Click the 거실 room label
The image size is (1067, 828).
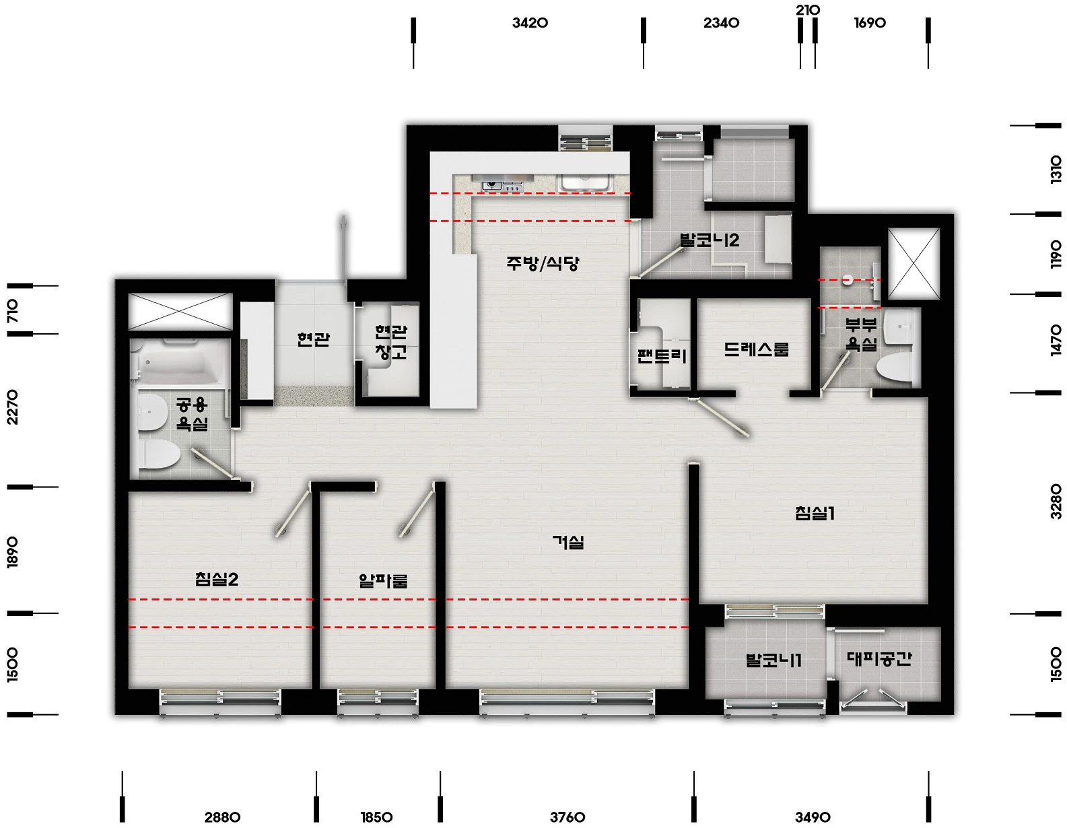(x=568, y=543)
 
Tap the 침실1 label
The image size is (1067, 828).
(x=815, y=514)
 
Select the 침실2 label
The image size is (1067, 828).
(x=217, y=579)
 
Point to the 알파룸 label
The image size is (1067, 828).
(x=383, y=581)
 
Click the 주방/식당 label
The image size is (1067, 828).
(x=543, y=264)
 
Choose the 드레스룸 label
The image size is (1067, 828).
(x=756, y=349)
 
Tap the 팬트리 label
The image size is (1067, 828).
(x=662, y=356)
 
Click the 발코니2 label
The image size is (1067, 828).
(x=710, y=240)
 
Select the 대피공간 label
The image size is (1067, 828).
(x=879, y=658)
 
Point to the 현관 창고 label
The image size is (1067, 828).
(x=391, y=342)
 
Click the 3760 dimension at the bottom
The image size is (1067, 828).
(x=567, y=817)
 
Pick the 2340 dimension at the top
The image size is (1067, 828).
(x=721, y=23)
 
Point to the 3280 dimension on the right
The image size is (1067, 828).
(x=1056, y=501)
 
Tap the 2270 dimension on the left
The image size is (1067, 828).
(x=12, y=407)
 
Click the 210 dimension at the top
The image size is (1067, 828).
(x=808, y=10)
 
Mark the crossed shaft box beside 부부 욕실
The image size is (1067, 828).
(x=914, y=264)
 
